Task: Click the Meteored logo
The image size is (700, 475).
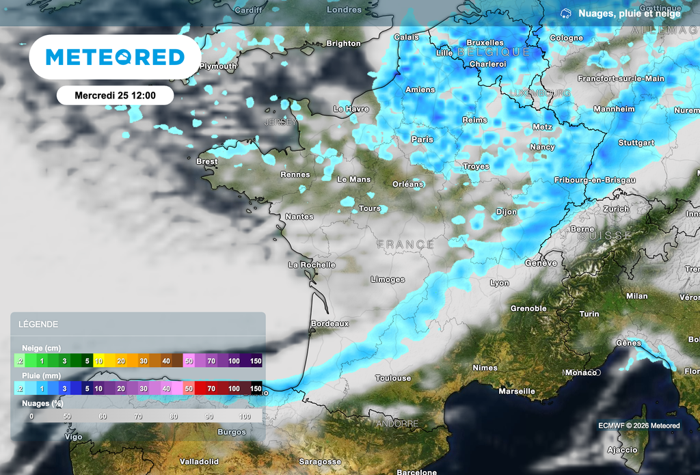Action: [115, 57]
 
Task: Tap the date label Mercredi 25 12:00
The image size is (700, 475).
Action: [115, 96]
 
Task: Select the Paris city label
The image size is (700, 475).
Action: [422, 139]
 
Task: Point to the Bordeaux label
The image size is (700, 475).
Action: [329, 323]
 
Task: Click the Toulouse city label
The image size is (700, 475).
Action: [393, 378]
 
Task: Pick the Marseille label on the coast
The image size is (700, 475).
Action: [517, 392]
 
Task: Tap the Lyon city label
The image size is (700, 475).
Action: [499, 283]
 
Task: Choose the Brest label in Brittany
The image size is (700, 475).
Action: [206, 162]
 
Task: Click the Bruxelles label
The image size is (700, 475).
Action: [485, 43]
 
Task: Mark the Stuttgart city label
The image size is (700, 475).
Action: [636, 144]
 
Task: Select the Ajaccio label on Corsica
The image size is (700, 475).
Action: [622, 450]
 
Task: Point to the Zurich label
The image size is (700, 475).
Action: [616, 209]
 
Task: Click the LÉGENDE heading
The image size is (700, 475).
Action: [38, 325]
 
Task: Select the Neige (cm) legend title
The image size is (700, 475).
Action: [41, 348]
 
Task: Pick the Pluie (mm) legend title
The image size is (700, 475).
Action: [41, 375]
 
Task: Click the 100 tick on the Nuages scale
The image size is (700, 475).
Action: [244, 416]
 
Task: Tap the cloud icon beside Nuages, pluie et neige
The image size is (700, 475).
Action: [565, 13]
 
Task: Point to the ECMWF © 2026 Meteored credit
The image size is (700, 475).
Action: [638, 426]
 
